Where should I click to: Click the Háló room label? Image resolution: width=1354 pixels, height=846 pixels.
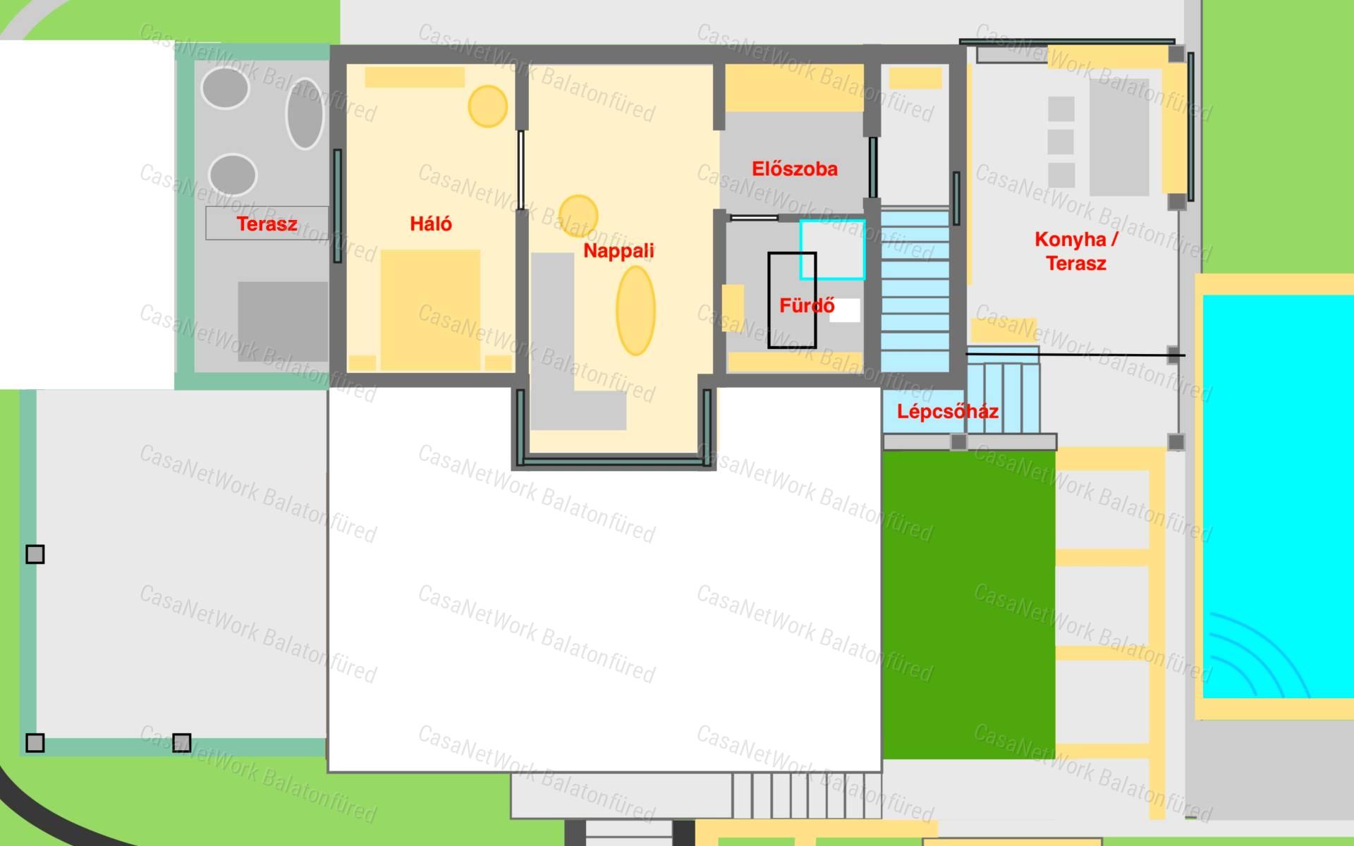click(x=431, y=224)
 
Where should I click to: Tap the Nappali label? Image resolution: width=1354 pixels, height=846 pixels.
click(x=618, y=251)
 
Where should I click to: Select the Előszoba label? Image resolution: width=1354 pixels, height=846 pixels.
click(x=795, y=169)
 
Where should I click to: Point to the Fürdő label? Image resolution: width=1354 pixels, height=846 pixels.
click(x=807, y=306)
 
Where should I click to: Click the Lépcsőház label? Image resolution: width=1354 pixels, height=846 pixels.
click(x=947, y=412)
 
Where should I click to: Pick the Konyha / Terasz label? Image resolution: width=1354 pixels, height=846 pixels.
click(x=1076, y=251)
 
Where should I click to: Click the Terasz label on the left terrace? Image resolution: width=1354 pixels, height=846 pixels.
click(x=267, y=224)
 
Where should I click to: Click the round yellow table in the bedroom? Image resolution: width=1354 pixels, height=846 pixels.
click(x=488, y=106)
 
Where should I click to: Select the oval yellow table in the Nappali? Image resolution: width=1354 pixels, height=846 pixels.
click(x=635, y=311)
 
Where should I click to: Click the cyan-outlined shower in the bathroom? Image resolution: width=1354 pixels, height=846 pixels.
click(x=832, y=250)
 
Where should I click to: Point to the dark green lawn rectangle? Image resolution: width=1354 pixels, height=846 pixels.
click(x=969, y=605)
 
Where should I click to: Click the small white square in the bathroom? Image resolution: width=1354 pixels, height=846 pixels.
click(x=845, y=311)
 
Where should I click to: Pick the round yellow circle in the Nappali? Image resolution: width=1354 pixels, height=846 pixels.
click(x=578, y=215)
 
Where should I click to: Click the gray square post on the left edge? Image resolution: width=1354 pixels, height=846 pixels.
click(x=35, y=554)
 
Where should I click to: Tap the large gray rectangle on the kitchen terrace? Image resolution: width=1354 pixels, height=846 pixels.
click(x=1119, y=137)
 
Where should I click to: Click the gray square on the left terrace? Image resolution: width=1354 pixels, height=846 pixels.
click(x=283, y=321)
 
